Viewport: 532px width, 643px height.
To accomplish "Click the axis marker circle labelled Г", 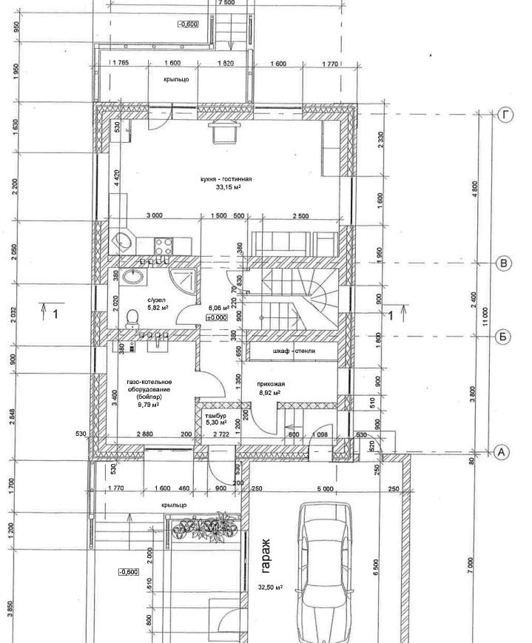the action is coord(506,115).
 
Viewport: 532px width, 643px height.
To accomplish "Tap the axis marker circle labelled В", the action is coord(503,263).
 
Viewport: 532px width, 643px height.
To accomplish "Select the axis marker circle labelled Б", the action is coord(503,337).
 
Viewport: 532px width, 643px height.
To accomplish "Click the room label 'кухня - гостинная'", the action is coord(226,179).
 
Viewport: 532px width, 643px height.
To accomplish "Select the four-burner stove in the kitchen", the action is coord(163,244).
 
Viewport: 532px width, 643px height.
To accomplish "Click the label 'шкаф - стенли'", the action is coord(294,351).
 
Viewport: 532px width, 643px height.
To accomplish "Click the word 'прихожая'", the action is coord(271,384).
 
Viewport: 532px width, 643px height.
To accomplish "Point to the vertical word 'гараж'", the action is coord(266,556).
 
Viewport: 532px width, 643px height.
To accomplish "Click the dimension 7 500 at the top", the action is coord(226,3).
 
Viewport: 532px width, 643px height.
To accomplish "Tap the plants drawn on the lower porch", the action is coord(203,528).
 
